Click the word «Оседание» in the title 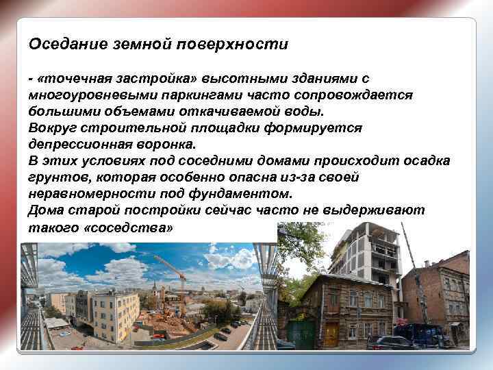60,45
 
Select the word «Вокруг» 51,128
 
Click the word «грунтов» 55,177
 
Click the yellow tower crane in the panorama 171,274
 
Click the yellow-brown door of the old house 332,334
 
